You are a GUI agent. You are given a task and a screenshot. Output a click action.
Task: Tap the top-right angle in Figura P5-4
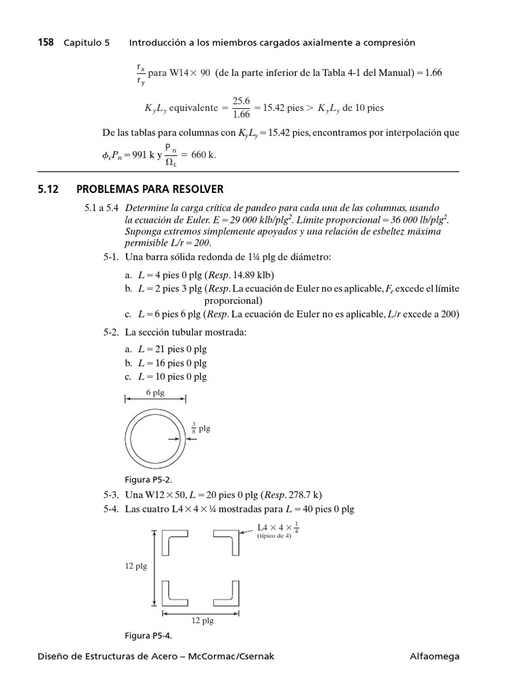click(x=226, y=542)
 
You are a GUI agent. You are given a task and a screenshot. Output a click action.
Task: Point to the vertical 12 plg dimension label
click(x=135, y=566)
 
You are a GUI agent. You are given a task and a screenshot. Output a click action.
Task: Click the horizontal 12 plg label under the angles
click(x=202, y=619)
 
